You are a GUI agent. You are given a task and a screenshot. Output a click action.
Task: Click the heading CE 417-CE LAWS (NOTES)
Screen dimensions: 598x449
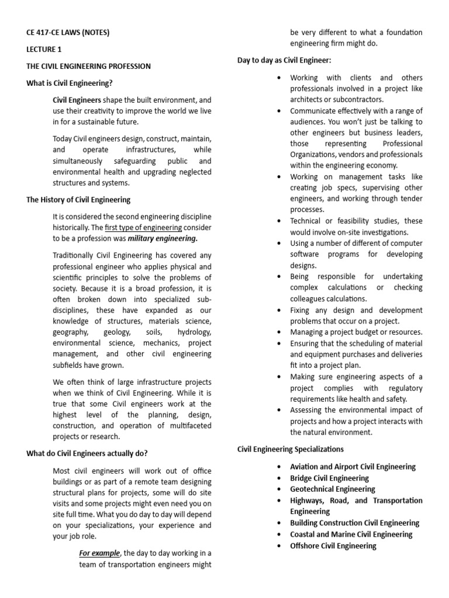68,32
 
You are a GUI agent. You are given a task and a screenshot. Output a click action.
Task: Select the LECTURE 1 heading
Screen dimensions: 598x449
44,49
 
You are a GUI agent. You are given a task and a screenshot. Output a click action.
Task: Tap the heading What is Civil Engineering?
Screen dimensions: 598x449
70,83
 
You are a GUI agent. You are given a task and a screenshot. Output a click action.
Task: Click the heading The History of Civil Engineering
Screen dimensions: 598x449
78,200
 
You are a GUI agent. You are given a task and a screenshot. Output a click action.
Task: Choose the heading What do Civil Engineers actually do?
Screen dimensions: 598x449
87,453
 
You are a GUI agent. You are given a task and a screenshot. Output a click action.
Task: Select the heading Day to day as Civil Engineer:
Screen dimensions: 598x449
284,60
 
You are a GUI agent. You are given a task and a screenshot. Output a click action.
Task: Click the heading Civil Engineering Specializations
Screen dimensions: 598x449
290,449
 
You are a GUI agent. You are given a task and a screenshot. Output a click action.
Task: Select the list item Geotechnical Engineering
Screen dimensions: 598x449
333,489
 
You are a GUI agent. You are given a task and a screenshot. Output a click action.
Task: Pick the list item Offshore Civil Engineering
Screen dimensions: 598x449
333,545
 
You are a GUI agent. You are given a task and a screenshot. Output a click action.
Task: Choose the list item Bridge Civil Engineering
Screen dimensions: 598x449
330,478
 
